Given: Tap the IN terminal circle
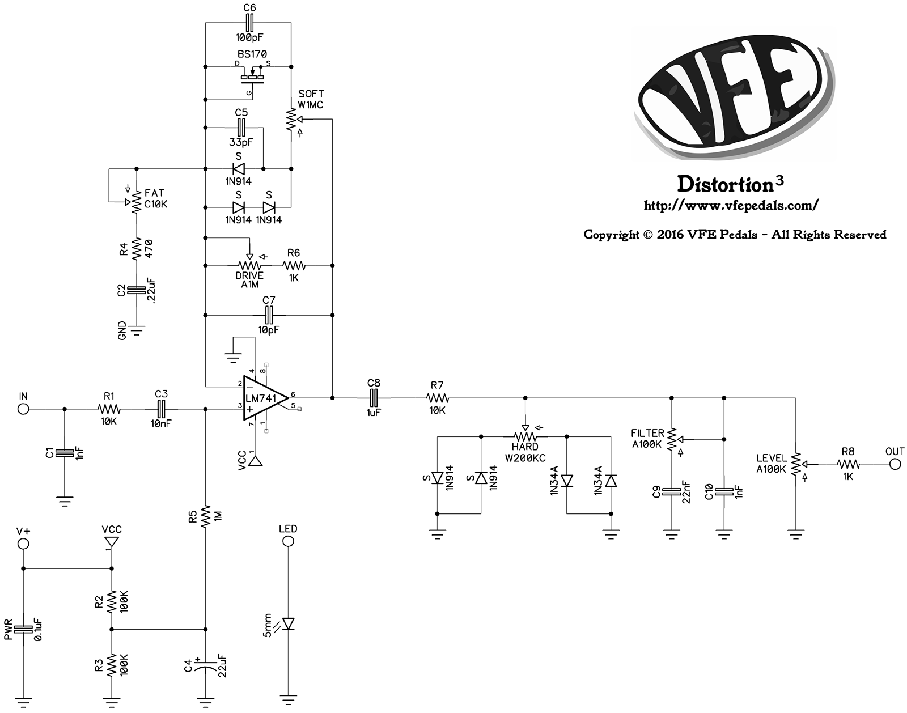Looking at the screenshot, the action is [23, 409].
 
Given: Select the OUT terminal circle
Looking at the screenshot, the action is [895, 464].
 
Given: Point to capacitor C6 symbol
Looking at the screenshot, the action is [249, 22].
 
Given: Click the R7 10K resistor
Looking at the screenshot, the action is [437, 398].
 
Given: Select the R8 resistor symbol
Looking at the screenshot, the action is [848, 464].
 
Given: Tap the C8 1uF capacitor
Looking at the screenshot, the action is [374, 398].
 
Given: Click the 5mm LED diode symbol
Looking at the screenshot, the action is [289, 623].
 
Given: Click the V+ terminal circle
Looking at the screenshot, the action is [23, 544].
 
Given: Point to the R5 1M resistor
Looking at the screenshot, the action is [205, 517].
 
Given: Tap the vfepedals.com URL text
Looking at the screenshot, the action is [731, 206].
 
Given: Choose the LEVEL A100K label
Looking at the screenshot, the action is [772, 464].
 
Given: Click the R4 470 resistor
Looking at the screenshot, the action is [136, 249].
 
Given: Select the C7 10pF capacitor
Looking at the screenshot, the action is [269, 315].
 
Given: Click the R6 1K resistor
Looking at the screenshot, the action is [294, 265].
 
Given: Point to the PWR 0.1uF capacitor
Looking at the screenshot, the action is [23, 630].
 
